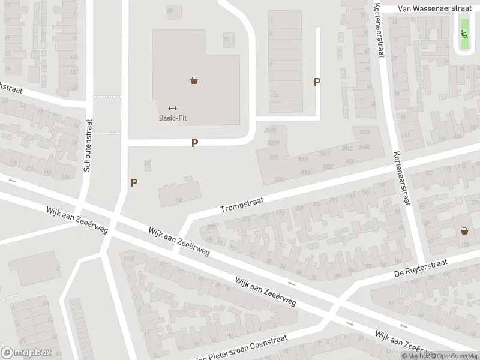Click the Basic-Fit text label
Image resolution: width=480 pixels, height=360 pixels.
tap(173, 118)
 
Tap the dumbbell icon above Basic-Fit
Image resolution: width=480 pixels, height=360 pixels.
tap(173, 108)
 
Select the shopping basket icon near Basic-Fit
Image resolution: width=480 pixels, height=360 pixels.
tap(194, 80)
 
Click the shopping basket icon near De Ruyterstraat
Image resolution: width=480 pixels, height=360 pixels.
tap(465, 230)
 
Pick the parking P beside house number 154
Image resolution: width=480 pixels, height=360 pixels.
tap(317, 82)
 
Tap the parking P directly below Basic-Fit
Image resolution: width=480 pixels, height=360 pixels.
tap(194, 143)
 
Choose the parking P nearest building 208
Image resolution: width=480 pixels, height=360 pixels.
tap(134, 182)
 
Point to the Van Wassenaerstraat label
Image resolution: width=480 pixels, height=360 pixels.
tap(431, 9)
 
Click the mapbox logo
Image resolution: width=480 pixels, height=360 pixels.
tap(26, 353)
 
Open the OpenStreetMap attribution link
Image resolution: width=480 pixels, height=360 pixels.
tap(456, 356)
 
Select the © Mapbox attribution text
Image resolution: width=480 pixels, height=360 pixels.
tap(416, 356)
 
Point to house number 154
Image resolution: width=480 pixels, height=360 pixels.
tap(275, 95)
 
